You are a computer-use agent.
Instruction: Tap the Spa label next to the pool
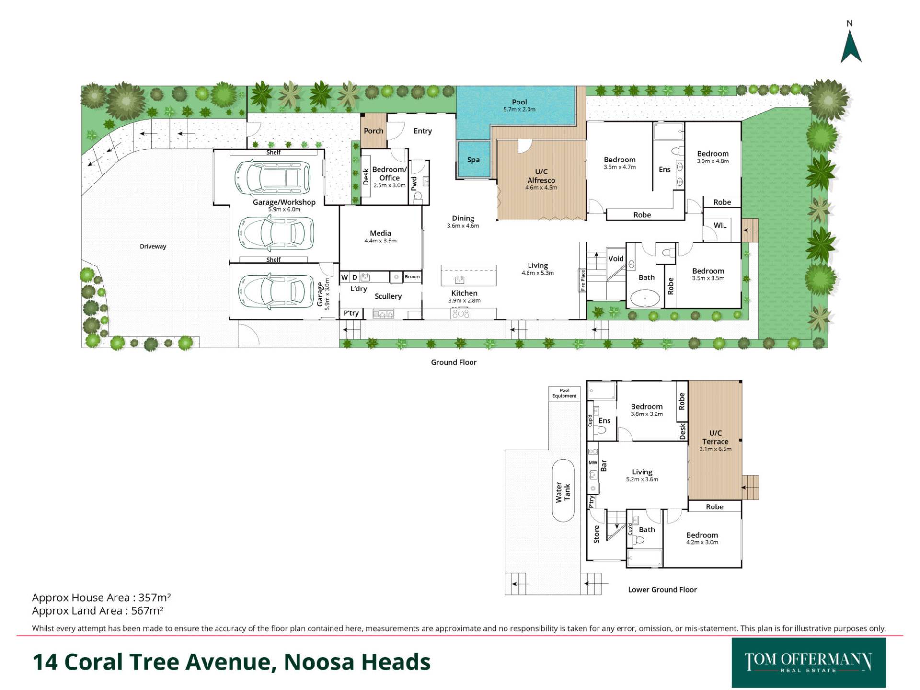point(473,160)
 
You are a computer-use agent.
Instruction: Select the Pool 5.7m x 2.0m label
point(519,105)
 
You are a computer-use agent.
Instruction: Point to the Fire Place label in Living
point(583,281)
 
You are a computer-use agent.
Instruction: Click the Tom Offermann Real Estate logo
point(809,663)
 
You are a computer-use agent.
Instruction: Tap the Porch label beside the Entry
point(373,131)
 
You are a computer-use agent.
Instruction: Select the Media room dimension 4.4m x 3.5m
point(380,241)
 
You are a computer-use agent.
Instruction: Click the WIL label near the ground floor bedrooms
point(720,225)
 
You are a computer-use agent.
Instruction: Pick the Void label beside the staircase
point(616,259)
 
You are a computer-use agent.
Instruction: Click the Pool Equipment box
point(564,393)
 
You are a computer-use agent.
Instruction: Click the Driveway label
point(153,247)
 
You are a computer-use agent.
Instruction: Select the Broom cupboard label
point(412,277)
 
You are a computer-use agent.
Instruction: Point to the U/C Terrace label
point(715,441)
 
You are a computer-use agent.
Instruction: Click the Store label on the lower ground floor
point(597,534)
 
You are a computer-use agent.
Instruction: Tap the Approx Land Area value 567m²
point(148,611)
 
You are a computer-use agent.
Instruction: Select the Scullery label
point(388,297)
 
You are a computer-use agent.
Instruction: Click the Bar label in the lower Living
point(604,465)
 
